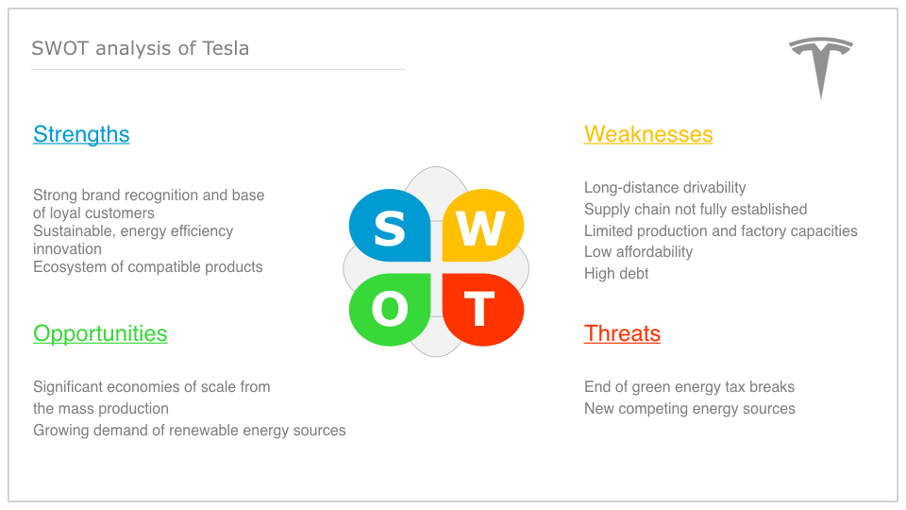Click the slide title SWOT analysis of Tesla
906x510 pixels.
point(140,48)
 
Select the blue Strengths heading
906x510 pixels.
point(81,134)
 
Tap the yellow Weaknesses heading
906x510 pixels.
point(648,134)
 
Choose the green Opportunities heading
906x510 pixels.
point(100,333)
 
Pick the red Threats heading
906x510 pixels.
point(622,333)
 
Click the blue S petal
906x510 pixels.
point(390,226)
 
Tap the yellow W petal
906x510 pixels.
point(483,226)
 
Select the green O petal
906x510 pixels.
point(390,310)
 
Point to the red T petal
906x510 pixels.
point(483,310)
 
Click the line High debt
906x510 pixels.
point(616,274)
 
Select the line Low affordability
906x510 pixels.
point(638,252)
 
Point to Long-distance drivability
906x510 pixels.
point(664,187)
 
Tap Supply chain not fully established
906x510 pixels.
point(696,210)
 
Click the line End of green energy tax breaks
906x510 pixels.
point(689,387)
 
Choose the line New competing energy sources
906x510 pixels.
point(689,409)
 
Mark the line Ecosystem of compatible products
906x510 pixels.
point(147,267)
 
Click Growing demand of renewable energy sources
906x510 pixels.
point(189,431)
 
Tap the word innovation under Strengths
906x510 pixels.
point(67,249)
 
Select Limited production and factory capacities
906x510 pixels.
point(720,231)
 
